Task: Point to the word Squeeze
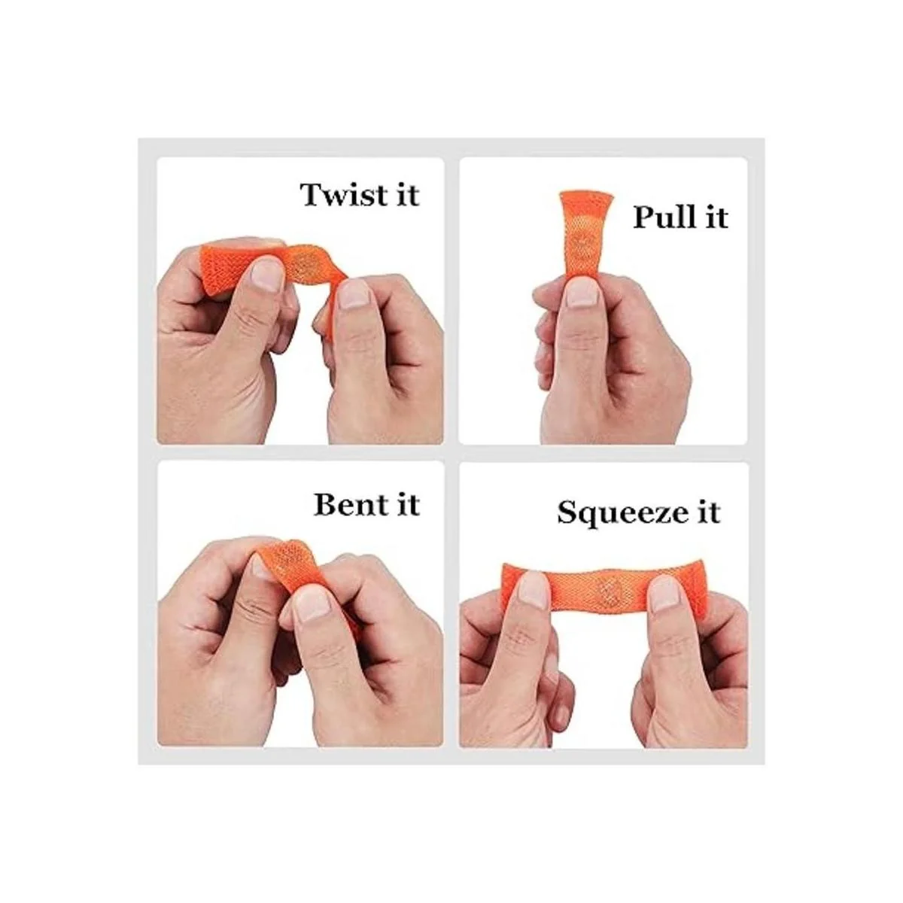coord(619,515)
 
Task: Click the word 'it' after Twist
coord(404,196)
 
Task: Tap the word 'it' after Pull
coord(713,218)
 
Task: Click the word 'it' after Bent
coord(404,505)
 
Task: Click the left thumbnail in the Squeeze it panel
coord(533,591)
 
